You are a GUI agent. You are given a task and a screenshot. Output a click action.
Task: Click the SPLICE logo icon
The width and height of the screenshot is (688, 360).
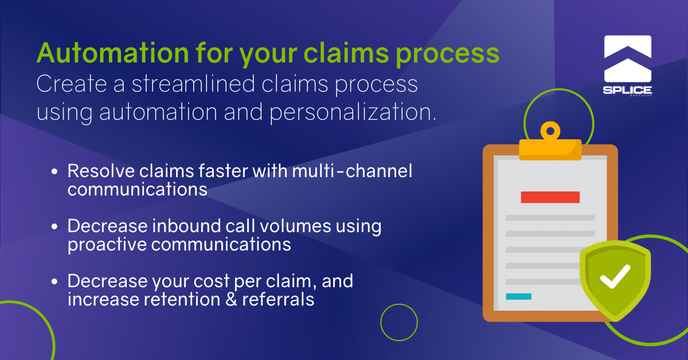point(628,57)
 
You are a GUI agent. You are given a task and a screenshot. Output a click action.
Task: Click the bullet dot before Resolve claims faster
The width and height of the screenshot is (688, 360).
point(54,172)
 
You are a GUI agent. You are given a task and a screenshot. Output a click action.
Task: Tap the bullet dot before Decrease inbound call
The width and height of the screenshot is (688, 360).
point(54,227)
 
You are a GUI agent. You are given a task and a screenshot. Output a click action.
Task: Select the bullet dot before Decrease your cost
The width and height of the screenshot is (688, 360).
point(54,282)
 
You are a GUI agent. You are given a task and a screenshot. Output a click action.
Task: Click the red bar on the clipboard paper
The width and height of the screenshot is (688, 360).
point(550,197)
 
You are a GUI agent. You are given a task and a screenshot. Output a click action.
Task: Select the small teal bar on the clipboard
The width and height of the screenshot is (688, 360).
point(518,296)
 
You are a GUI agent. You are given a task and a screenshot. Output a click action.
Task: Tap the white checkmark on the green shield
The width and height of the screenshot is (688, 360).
point(615,277)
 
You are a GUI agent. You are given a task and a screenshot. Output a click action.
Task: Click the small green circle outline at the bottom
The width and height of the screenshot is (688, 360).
point(399,322)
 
